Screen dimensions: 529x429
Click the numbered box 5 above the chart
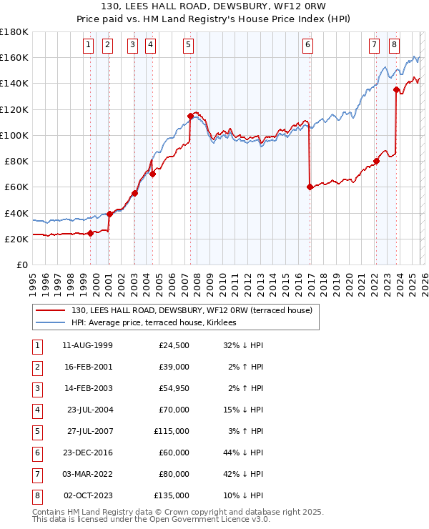pos(188,45)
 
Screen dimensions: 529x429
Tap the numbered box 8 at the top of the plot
pos(395,45)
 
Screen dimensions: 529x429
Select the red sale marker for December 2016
pos(310,187)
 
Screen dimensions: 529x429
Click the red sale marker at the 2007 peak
pos(190,116)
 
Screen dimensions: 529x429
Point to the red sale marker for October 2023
pos(396,90)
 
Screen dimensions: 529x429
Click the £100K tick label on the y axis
pos(14,135)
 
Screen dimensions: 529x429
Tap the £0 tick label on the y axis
pos(21,265)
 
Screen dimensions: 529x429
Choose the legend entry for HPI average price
pos(158,323)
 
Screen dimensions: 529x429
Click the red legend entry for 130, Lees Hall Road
pos(192,311)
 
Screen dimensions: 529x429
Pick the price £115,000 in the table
pos(172,431)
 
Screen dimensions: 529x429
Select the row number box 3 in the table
pos(35,388)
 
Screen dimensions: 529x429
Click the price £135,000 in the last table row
pos(172,495)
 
